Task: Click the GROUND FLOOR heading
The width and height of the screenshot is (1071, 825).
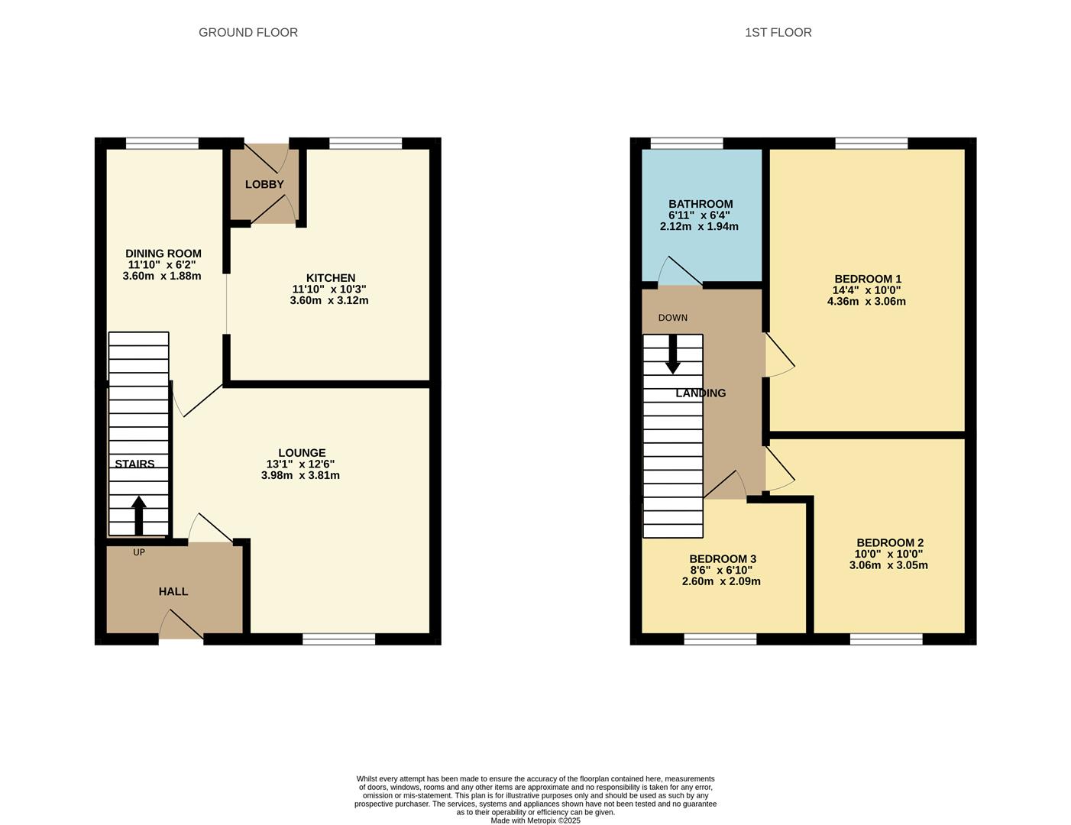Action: coord(248,32)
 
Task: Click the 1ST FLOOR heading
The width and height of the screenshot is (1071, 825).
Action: coord(778,32)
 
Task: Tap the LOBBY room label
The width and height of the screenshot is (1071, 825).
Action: coord(264,184)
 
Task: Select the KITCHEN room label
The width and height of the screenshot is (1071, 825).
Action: coord(331,278)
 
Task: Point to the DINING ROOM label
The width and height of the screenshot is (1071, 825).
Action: coord(163,254)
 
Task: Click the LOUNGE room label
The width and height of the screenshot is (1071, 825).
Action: coord(302,453)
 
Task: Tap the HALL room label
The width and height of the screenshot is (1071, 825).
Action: coord(173,591)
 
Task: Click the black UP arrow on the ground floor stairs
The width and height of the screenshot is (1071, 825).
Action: coord(138,516)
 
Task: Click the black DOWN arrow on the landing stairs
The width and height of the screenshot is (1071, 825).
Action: coord(673,354)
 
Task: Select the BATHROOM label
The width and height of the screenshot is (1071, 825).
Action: coord(701,204)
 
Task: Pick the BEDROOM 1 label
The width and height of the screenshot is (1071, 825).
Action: coord(868,279)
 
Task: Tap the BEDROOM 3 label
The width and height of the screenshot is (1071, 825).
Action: coord(722,559)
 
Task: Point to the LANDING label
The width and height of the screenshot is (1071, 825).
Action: coord(701,393)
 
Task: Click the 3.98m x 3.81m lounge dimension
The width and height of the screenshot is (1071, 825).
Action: coord(300,475)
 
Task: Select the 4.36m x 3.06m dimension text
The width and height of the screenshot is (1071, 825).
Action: coord(866,301)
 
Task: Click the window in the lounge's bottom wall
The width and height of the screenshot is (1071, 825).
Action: coord(338,639)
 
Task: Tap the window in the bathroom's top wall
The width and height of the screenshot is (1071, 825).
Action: coord(686,143)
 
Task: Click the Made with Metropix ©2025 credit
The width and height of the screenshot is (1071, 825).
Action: coord(535,820)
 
